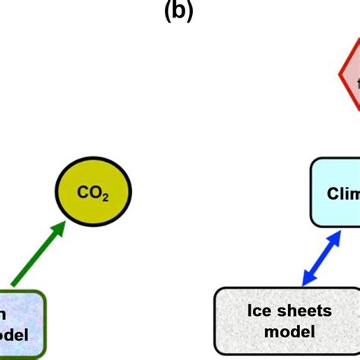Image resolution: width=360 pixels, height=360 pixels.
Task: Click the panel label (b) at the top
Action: pyautogui.click(x=179, y=11)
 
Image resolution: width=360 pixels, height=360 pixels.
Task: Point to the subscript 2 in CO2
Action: pyautogui.click(x=106, y=200)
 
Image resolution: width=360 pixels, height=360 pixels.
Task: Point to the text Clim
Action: pyautogui.click(x=343, y=194)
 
